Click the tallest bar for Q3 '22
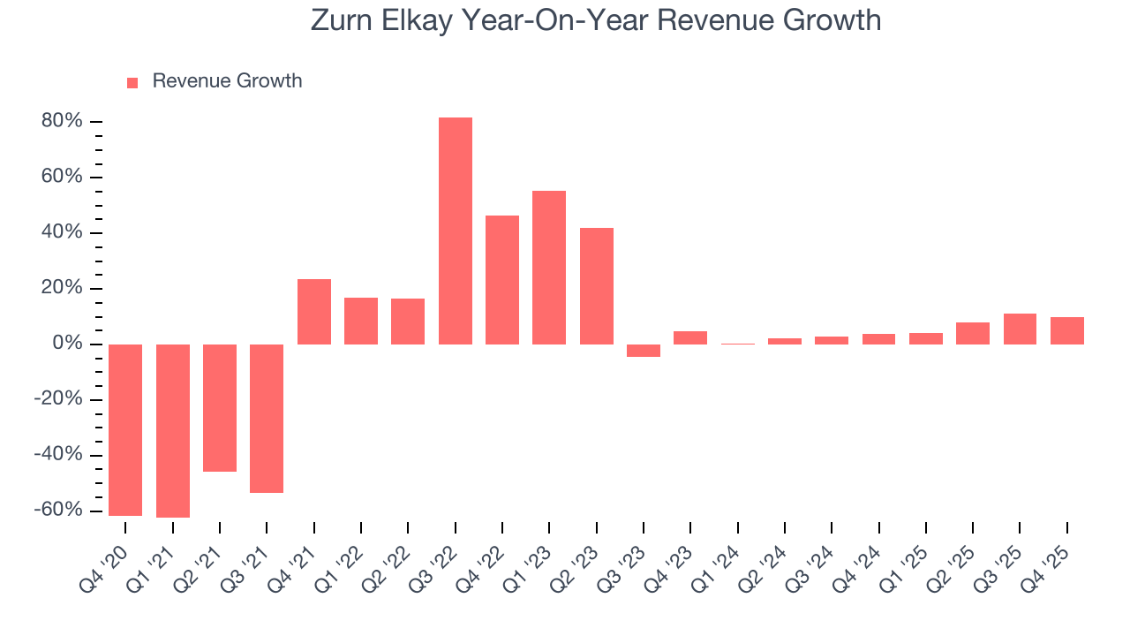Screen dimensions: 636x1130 tap(455, 231)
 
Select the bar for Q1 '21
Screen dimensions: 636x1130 tap(173, 430)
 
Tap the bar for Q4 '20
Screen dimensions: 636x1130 tap(125, 429)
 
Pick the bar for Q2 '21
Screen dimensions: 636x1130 tap(220, 407)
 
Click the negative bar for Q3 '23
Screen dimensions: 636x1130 tap(644, 351)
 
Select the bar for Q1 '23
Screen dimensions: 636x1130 tap(549, 267)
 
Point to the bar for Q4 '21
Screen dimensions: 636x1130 tap(314, 311)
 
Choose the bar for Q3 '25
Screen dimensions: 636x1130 tap(1020, 329)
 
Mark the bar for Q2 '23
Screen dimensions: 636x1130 tap(597, 285)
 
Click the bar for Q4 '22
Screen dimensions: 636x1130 tap(502, 279)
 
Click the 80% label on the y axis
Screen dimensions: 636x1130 tap(61, 121)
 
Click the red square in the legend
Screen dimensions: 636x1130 tap(132, 82)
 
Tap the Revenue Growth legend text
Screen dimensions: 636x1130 tap(227, 81)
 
